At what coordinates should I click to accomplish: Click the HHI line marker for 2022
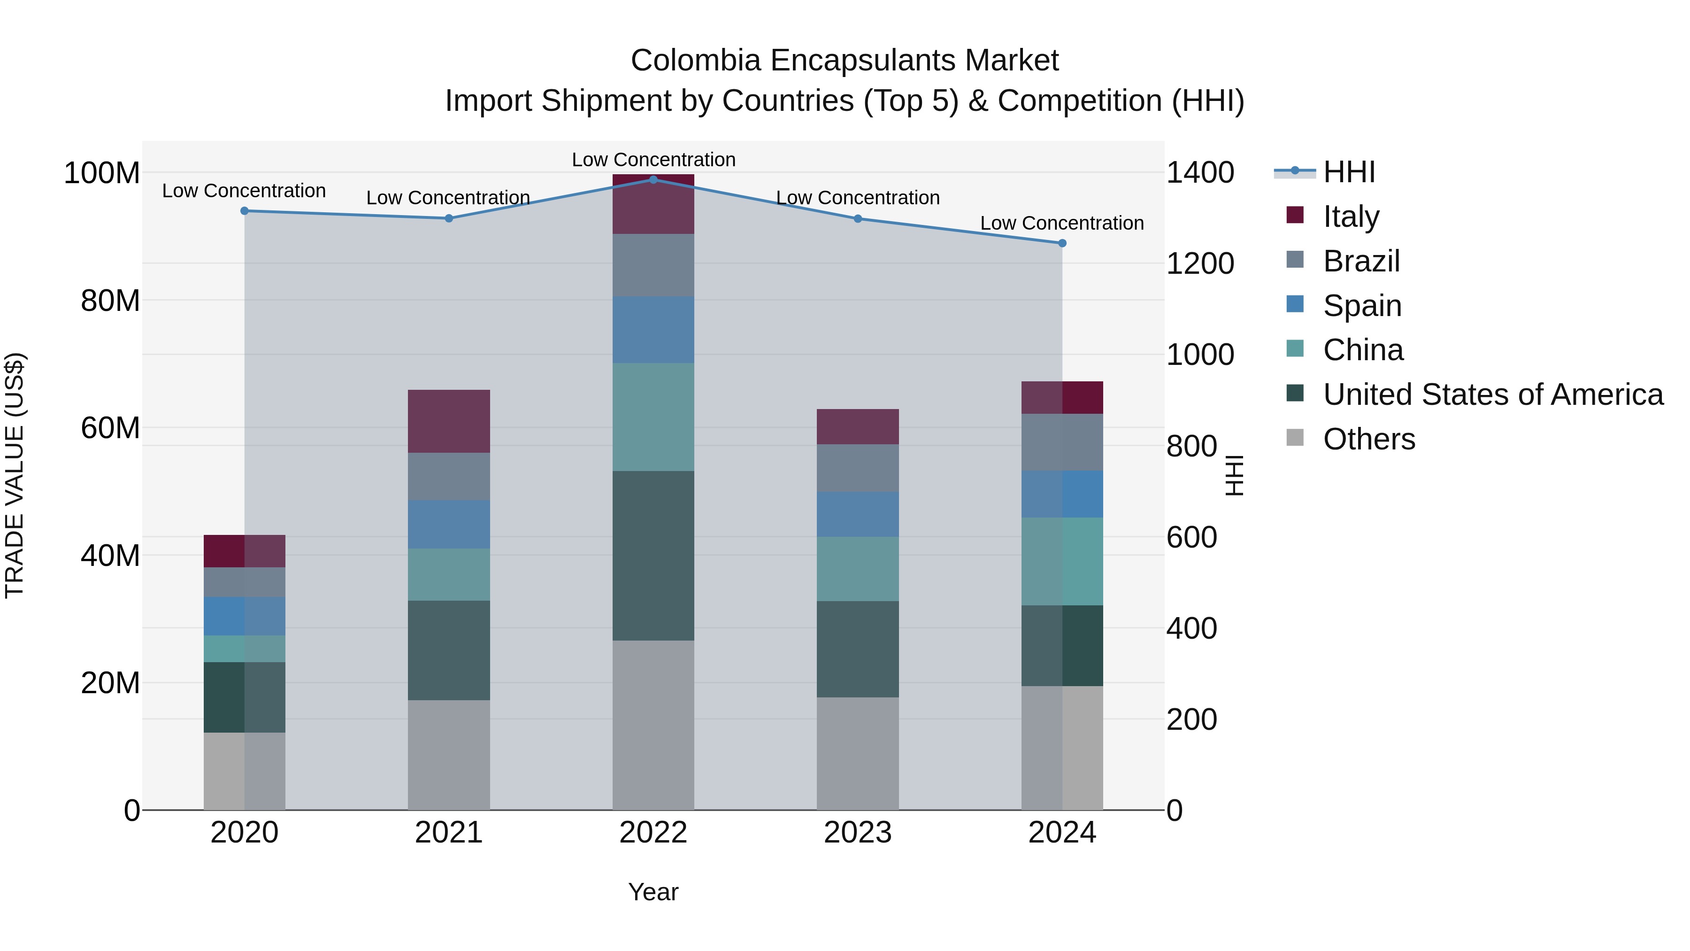[653, 179]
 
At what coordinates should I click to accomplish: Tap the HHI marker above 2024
[1062, 243]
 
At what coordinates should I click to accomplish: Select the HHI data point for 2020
[245, 211]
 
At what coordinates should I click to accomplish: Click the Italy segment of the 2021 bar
[449, 421]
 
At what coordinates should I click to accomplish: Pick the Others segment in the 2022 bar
[653, 725]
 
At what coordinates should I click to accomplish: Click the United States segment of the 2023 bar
[858, 649]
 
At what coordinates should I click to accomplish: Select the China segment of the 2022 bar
[653, 417]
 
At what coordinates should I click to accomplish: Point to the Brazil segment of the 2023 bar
[858, 467]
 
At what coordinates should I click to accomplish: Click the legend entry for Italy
[1352, 216]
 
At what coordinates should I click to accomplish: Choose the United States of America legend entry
[1492, 394]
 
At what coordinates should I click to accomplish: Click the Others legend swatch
[1295, 438]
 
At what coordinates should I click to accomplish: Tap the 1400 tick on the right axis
[1200, 173]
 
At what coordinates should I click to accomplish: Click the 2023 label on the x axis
[858, 833]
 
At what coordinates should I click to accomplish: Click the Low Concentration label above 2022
[653, 160]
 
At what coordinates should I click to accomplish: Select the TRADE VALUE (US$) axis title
[15, 475]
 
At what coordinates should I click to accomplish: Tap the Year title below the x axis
[653, 892]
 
